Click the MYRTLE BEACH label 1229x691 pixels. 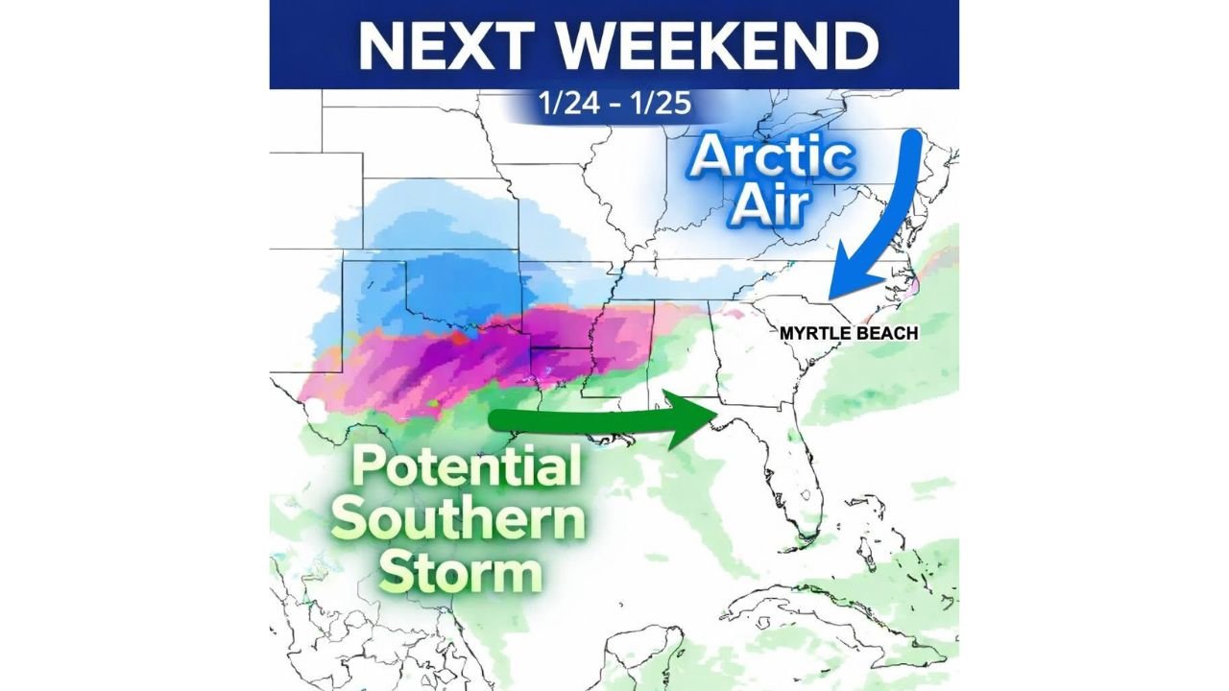point(849,333)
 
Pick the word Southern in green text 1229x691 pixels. point(463,521)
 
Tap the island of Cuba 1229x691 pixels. point(816,609)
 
